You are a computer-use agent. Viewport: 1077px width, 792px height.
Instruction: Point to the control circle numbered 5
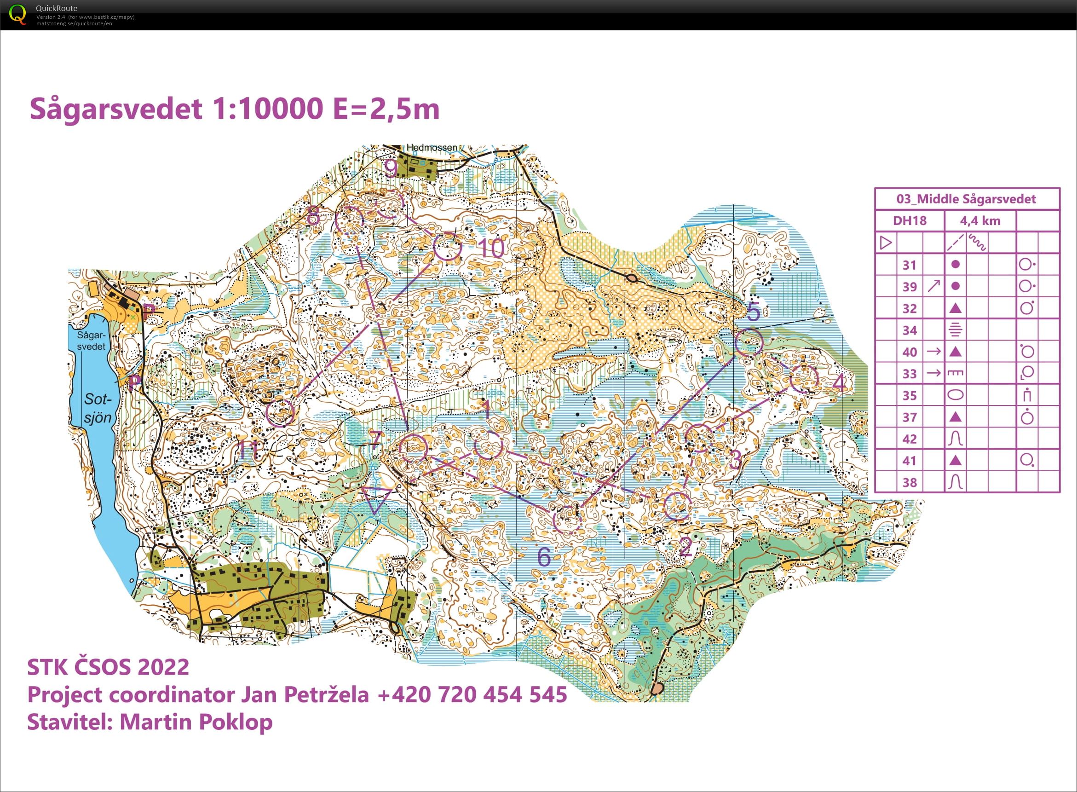click(748, 342)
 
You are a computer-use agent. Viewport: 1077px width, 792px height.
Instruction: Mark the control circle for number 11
click(280, 412)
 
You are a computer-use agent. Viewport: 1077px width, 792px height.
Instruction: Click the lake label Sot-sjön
click(97, 408)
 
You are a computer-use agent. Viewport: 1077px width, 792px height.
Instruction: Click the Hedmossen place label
click(432, 148)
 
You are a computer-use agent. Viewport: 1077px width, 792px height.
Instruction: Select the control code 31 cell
click(909, 265)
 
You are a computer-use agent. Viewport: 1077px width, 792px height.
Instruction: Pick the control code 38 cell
click(909, 482)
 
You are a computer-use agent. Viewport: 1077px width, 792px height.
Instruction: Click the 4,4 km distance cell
click(980, 220)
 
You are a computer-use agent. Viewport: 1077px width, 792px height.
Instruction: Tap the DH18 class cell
click(909, 220)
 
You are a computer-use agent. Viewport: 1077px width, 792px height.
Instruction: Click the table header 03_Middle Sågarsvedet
click(966, 199)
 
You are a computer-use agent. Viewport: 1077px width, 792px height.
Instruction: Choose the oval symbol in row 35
click(955, 395)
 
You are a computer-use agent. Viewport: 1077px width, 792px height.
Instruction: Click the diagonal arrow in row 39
click(933, 286)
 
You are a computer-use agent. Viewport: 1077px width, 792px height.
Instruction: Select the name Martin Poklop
click(196, 722)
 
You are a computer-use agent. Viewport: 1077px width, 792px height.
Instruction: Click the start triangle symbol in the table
click(886, 243)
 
